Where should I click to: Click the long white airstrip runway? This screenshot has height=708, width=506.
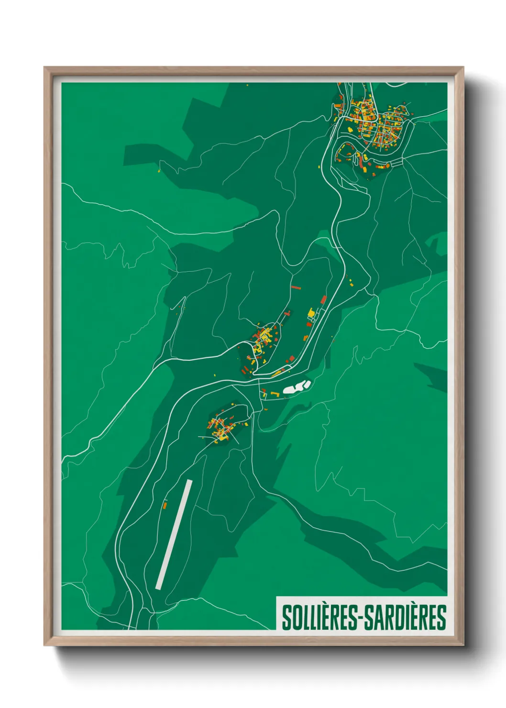click(x=174, y=534)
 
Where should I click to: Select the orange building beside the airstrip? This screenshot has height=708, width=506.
click(x=165, y=505)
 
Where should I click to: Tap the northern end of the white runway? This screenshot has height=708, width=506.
click(x=189, y=482)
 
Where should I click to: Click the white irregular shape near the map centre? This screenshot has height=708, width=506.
click(x=297, y=387)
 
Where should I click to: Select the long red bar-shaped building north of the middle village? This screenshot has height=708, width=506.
click(x=296, y=288)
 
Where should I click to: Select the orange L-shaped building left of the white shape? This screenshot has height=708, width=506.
click(x=275, y=394)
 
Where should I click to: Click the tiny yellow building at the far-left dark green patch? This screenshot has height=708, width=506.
click(x=159, y=170)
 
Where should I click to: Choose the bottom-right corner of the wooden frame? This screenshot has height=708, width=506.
click(x=463, y=645)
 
